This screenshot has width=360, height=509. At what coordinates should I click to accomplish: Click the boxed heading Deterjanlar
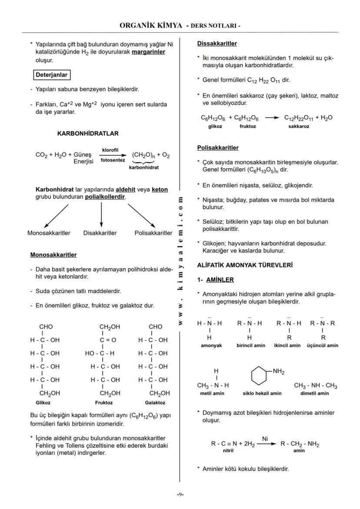coord(51,75)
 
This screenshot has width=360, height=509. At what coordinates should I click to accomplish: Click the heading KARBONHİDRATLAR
coord(88,133)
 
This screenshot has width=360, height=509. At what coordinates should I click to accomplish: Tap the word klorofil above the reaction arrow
coord(110,150)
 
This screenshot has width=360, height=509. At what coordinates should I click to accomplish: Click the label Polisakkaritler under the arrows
coord(153,233)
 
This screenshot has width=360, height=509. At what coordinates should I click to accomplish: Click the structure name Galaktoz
coord(155,403)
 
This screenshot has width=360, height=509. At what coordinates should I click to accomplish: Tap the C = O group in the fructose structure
coord(107,340)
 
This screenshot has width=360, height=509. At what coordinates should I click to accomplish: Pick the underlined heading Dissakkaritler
coord(217,43)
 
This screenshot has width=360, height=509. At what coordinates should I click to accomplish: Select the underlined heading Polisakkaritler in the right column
coord(218,148)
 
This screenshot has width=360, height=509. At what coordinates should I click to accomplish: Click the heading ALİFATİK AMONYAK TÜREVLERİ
coord(245,264)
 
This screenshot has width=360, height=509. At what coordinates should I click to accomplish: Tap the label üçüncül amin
coord(322,345)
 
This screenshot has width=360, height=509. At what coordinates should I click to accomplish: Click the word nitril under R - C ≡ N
coord(228,451)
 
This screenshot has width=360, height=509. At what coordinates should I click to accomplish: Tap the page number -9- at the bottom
coord(180,494)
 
